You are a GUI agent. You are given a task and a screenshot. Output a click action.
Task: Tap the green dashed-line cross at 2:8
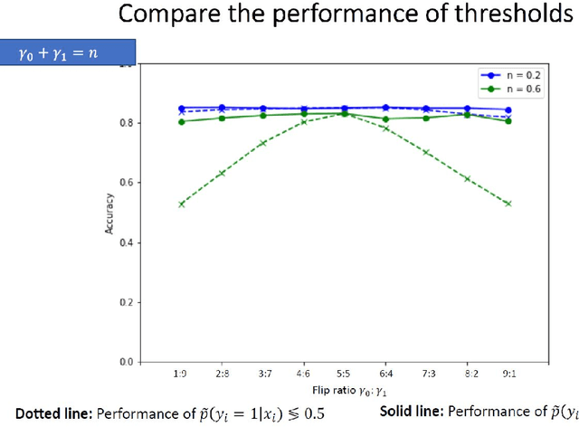tap(223, 173)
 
